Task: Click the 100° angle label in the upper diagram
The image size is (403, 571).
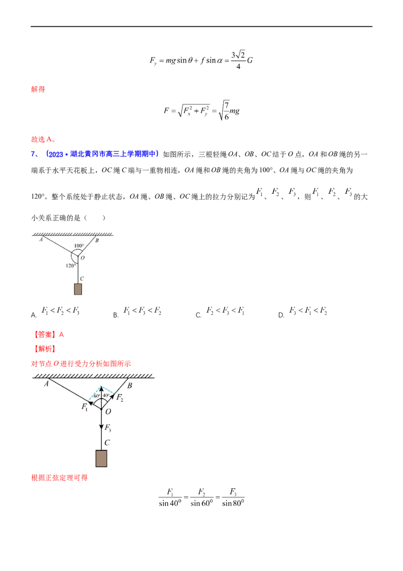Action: coord(79,246)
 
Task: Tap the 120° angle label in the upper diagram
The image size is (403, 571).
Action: coord(71,265)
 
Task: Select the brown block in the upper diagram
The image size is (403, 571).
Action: coord(78,289)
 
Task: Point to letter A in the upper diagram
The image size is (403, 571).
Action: coord(41,240)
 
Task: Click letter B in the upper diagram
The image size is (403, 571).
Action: coord(97,241)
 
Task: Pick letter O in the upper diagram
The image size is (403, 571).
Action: coord(83,258)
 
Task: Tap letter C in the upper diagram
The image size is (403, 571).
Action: coord(82,278)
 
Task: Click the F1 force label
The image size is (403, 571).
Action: coord(85,407)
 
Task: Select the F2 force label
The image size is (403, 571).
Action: coord(119,397)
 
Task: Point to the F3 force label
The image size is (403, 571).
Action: coord(108,429)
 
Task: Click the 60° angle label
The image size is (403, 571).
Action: coord(96,396)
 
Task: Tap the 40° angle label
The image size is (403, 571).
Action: coord(106,395)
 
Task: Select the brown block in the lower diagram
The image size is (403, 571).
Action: coord(101,459)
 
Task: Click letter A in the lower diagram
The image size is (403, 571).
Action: coord(46,384)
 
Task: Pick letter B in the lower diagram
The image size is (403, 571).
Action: coord(129,386)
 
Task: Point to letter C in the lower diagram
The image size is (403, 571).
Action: coord(107,443)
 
